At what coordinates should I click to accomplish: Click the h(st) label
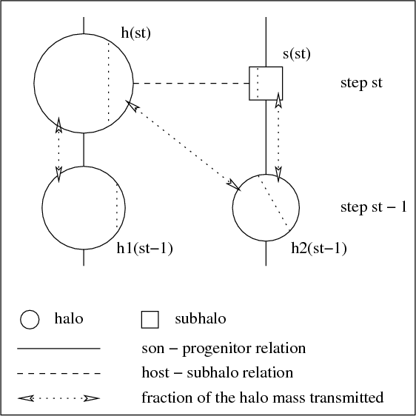click(136, 33)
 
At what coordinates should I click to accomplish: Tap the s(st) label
click(297, 54)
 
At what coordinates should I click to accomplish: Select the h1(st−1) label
click(145, 249)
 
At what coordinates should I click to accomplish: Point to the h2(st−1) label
click(319, 249)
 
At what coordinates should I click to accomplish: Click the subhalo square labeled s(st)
click(249, 84)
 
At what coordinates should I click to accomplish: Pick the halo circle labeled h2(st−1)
click(232, 207)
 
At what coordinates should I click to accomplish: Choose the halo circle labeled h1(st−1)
click(42, 207)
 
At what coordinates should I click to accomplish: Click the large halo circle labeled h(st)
click(34, 84)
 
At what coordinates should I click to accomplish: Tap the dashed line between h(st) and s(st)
click(191, 84)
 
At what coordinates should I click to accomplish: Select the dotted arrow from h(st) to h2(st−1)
click(183, 146)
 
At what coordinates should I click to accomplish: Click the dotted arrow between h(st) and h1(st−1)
click(58, 150)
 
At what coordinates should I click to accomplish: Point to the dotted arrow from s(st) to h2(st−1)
click(278, 137)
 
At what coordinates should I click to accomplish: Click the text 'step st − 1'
click(374, 207)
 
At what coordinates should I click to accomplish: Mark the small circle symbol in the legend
click(30, 320)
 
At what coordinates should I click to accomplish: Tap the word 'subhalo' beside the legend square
click(201, 318)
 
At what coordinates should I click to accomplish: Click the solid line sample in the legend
click(58, 349)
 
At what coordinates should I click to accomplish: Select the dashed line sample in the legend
click(58, 373)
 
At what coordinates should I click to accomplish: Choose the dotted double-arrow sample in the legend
click(58, 398)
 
